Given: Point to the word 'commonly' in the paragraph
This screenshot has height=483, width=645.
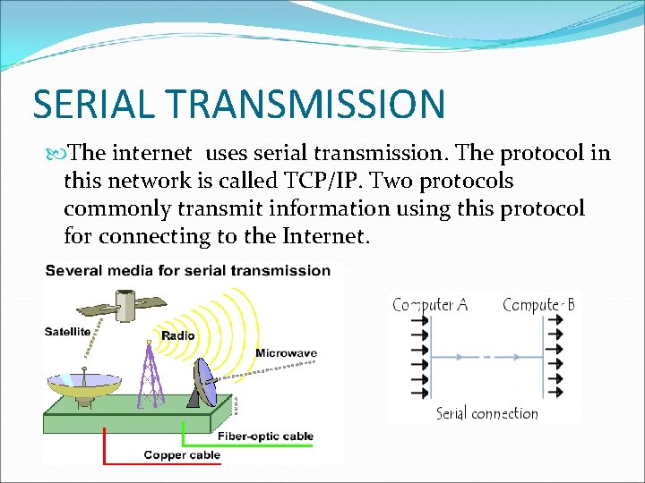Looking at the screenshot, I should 109,209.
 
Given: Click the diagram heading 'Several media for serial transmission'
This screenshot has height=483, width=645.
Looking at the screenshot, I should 188,270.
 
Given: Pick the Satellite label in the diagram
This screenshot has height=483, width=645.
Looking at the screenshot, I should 68,332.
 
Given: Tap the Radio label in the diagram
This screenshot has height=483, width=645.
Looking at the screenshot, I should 177,335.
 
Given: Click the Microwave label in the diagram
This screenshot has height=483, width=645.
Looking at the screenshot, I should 286,353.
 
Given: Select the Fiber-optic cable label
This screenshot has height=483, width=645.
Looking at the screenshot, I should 266,436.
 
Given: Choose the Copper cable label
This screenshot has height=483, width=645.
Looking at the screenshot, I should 182,455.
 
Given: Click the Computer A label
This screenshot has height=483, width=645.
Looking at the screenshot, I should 430,305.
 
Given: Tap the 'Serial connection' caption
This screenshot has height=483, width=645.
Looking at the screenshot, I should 486,413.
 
